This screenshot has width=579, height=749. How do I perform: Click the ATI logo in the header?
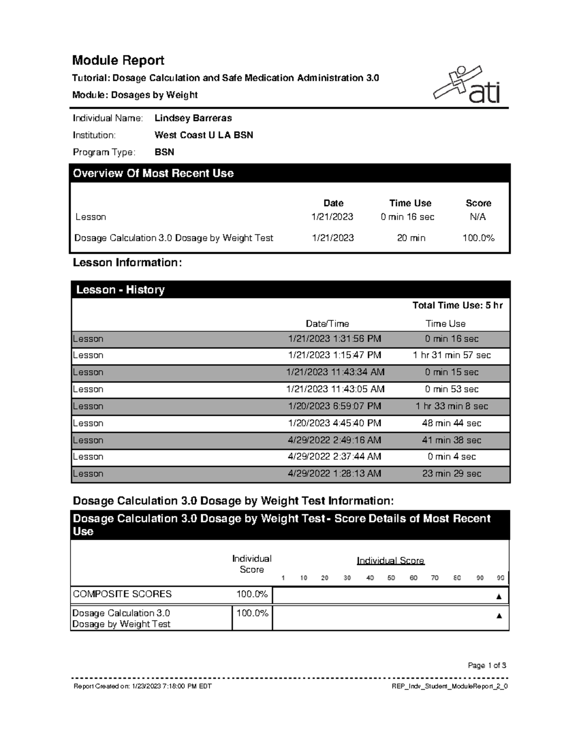[x=467, y=85]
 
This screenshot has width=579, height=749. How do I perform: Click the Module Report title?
[x=118, y=60]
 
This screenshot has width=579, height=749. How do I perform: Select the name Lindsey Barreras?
[x=193, y=118]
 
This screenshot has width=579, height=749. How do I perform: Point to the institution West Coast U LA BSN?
[x=204, y=135]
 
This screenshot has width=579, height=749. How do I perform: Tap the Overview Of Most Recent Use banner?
[x=289, y=173]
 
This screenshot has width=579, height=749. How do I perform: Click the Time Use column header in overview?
[x=410, y=203]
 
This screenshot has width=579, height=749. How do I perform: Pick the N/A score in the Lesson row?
[x=478, y=217]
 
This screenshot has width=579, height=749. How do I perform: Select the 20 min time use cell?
[x=411, y=238]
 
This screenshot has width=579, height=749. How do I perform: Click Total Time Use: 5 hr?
[x=457, y=305]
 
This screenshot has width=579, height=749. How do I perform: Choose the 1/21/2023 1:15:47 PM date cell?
[x=334, y=355]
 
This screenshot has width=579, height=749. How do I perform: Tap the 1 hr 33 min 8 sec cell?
[x=452, y=406]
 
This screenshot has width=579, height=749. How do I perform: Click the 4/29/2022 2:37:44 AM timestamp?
[x=334, y=457]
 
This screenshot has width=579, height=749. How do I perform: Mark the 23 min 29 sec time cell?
[x=452, y=474]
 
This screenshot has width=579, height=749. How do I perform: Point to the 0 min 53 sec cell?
[x=452, y=389]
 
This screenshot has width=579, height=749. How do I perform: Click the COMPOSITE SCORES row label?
[x=122, y=594]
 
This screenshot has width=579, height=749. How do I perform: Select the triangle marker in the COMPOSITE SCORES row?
[x=499, y=597]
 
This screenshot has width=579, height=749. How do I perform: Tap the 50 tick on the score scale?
[x=391, y=578]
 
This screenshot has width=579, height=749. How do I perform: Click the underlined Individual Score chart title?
[x=390, y=560]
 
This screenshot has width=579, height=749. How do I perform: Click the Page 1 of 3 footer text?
[x=487, y=666]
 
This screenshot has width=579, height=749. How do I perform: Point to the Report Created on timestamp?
[x=142, y=686]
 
